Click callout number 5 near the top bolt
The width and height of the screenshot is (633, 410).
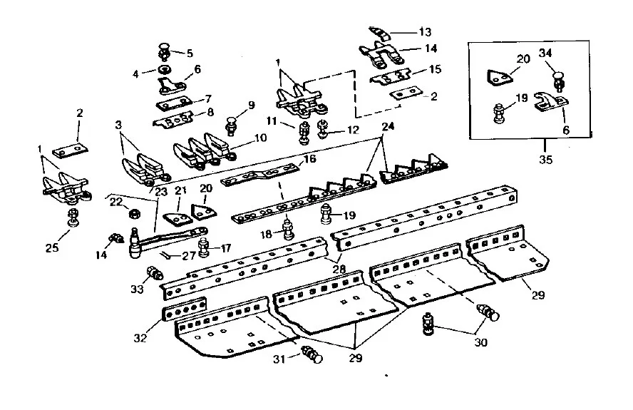point(189,53)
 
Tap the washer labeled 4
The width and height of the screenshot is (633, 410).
point(165,70)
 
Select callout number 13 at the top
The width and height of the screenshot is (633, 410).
point(426,32)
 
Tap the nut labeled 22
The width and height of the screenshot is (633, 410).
point(132,212)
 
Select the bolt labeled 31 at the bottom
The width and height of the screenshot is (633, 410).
point(311,353)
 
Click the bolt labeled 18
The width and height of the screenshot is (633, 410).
point(289,228)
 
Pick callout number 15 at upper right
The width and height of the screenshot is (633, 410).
point(434,70)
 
